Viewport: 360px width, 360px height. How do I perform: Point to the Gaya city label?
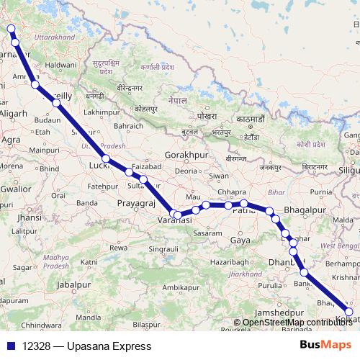(240, 240)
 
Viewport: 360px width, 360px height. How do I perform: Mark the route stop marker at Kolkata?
(349, 312)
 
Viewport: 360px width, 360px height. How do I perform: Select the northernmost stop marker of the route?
(10, 29)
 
